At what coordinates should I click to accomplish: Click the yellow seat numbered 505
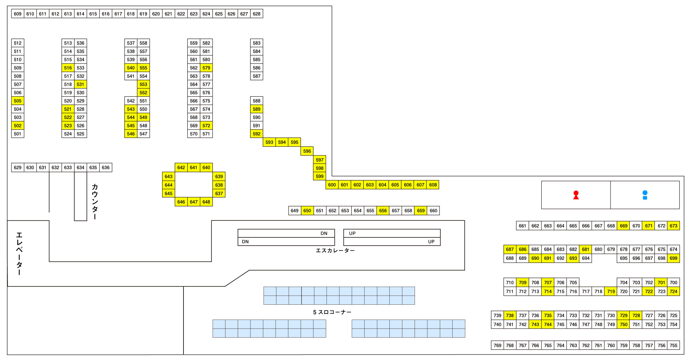point(18,101)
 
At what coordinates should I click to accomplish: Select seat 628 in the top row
point(257,14)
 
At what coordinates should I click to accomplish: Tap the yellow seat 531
point(81,84)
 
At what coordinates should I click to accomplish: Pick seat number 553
point(143,84)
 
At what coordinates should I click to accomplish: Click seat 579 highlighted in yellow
point(206,68)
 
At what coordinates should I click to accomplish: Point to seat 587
point(257,76)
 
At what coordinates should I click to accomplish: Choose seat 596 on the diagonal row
point(307,151)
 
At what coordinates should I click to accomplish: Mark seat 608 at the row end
point(433,185)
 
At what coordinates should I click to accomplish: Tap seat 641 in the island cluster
point(194,168)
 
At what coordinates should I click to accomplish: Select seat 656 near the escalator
point(383,210)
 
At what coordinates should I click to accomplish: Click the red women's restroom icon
point(576,195)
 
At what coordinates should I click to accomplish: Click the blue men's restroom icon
point(645,195)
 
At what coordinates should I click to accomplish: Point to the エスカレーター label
point(335,250)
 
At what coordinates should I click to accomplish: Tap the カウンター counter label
point(95,201)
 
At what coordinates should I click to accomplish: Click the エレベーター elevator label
point(19,254)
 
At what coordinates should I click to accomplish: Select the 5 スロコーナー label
point(332,312)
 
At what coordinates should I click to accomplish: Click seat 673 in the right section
point(673,226)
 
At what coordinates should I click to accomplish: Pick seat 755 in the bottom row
point(673,345)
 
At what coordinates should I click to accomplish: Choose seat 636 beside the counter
point(106,168)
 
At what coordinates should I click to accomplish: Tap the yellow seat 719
point(611,292)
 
